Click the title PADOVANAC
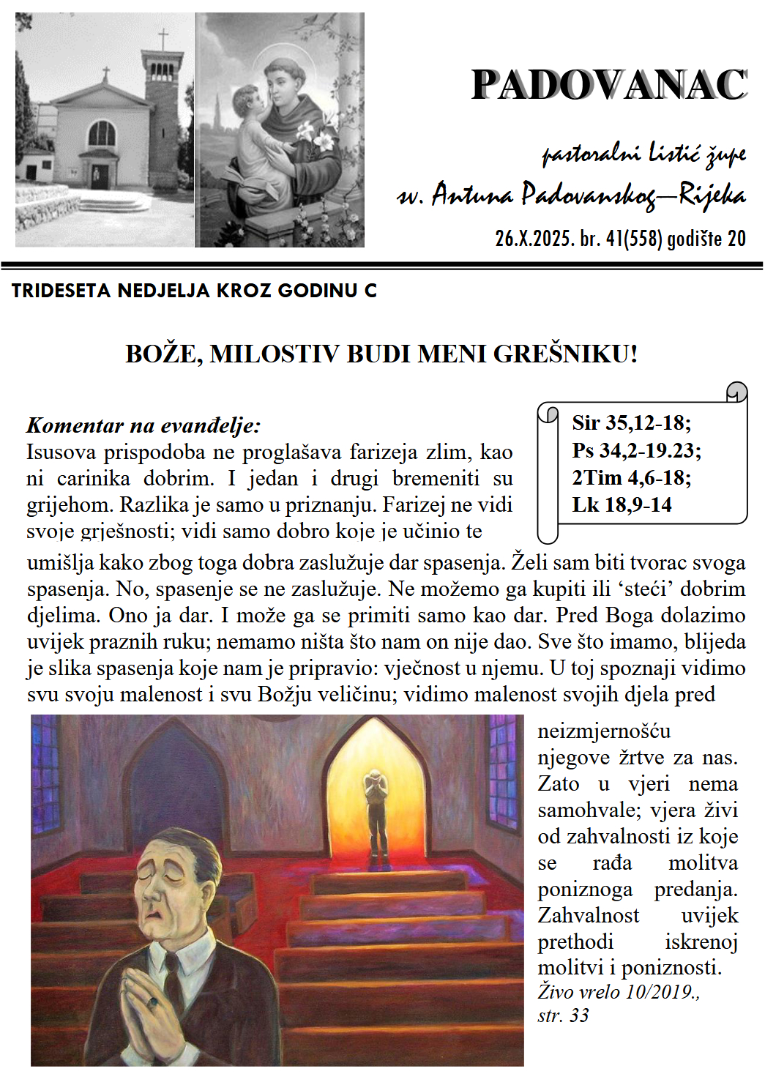pyautogui.click(x=608, y=85)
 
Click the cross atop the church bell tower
pyautogui.click(x=163, y=38)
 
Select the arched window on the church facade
pyautogui.click(x=102, y=133)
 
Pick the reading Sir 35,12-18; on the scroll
pyautogui.click(x=631, y=422)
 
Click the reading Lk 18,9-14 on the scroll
pyautogui.click(x=622, y=504)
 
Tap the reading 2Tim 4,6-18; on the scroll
pyautogui.click(x=631, y=477)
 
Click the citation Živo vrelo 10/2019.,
pyautogui.click(x=619, y=992)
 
